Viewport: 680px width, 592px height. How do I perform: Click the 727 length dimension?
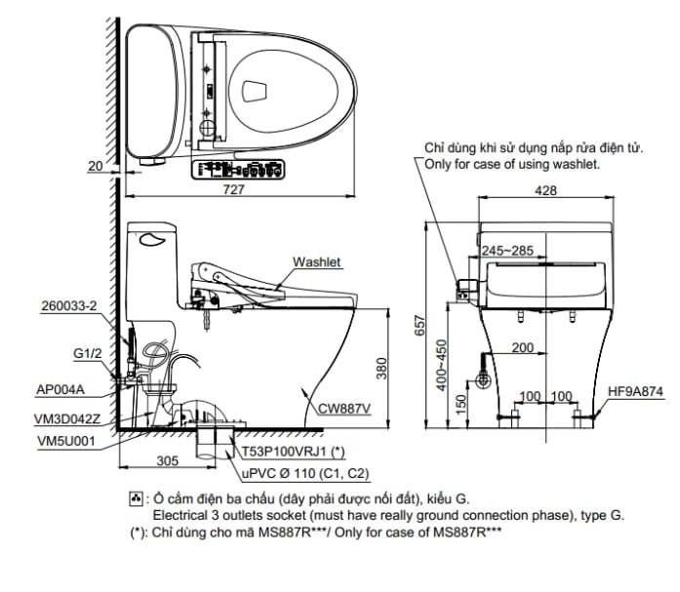pos(234,191)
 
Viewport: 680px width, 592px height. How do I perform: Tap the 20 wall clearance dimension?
pos(95,167)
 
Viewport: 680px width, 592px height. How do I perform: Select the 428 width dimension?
pos(547,191)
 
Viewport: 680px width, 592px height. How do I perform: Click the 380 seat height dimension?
pos(382,367)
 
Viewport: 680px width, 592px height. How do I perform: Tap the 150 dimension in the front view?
pos(460,398)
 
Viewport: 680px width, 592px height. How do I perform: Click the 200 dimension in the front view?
pos(521,348)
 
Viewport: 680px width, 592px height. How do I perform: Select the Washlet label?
pos(317,262)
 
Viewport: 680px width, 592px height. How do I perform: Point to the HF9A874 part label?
pos(635,392)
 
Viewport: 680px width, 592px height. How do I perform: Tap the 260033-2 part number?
pos(69,305)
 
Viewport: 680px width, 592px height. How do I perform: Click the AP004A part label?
pos(62,388)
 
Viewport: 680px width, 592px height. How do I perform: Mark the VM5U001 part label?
pos(64,440)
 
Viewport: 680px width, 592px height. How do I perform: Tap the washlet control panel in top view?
pos(241,172)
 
